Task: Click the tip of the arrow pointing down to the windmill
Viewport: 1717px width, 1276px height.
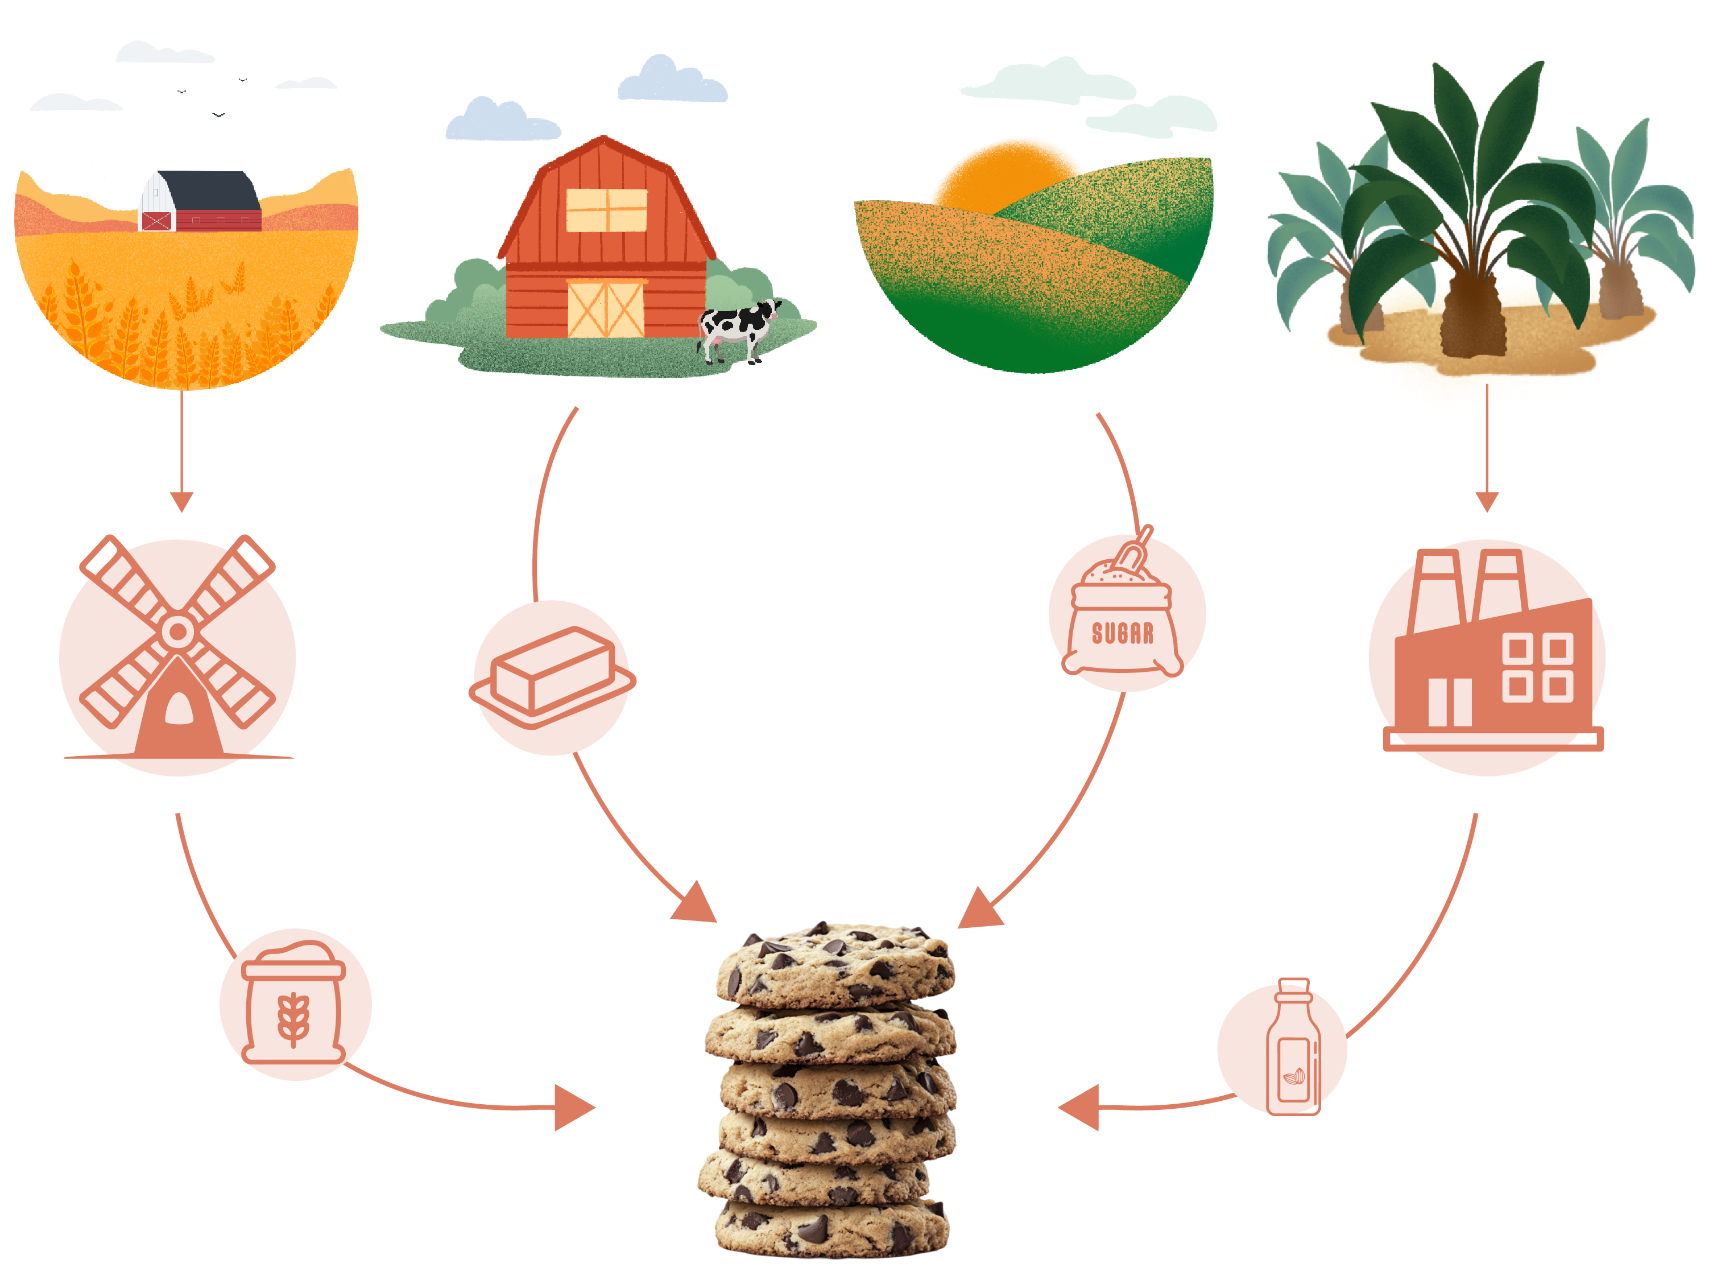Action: (181, 511)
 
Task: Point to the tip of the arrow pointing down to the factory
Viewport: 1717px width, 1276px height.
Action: (1487, 511)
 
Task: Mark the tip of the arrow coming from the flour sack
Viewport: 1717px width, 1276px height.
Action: (595, 1108)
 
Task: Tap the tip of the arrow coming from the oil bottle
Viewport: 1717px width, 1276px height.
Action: (1058, 1108)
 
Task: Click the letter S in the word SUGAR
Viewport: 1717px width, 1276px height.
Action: (1097, 634)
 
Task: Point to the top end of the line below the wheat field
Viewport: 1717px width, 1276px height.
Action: (181, 391)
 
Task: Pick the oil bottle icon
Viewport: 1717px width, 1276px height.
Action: (1293, 1047)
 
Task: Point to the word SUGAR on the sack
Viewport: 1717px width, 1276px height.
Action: (1123, 634)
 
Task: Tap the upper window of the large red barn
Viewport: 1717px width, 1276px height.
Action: (607, 210)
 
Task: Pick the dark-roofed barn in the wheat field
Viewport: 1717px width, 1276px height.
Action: (200, 201)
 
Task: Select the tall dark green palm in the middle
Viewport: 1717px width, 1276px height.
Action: (1471, 209)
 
